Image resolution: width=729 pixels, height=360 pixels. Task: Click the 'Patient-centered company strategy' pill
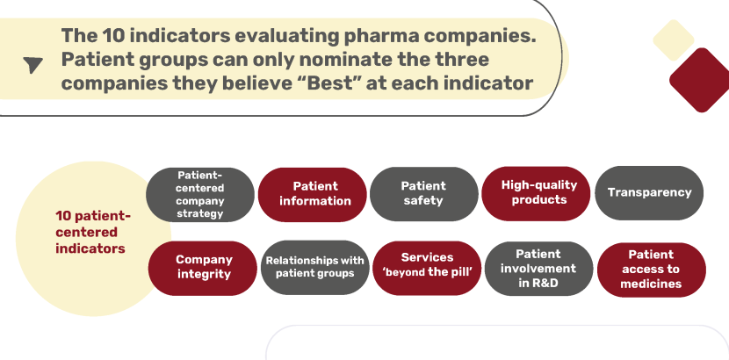coord(200,195)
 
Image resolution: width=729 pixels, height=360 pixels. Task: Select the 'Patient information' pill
coord(313,195)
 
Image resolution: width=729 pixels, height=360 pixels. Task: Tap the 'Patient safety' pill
coord(424,194)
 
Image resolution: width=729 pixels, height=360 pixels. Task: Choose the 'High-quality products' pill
coord(536,194)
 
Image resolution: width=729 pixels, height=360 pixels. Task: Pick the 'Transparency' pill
coord(649,193)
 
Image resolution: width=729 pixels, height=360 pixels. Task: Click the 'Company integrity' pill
coord(203,268)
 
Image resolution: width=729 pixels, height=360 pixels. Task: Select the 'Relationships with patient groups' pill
coord(314,268)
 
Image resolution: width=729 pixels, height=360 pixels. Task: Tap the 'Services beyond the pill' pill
coord(427,268)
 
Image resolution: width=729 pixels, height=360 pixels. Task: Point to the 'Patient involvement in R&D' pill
coord(539,269)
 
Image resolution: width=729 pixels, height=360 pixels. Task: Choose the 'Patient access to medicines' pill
coord(652,270)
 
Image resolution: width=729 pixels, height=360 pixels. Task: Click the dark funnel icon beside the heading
coord(32,64)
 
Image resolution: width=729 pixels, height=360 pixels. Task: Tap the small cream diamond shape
coord(673,40)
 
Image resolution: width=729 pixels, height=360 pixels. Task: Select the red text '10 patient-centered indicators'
coord(92,233)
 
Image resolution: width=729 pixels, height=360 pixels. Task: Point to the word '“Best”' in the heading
coord(328,83)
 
